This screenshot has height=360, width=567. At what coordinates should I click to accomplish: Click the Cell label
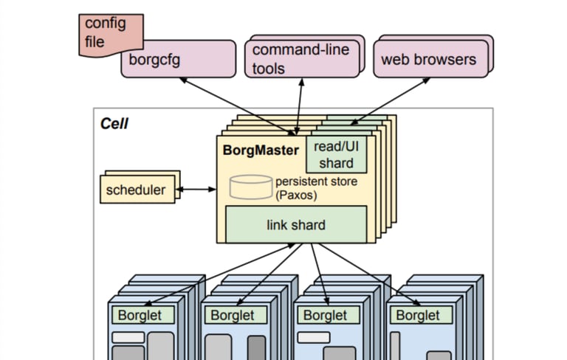tap(114, 123)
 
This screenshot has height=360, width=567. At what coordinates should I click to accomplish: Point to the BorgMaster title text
tap(261, 150)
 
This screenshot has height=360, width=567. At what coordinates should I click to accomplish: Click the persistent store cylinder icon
tap(251, 187)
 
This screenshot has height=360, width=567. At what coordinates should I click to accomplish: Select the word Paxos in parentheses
tap(298, 195)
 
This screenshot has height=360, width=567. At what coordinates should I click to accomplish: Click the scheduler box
tap(137, 190)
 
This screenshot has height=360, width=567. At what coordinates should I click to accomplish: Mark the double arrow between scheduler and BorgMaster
tap(197, 190)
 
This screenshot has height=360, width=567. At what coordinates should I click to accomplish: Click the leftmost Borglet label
tap(140, 315)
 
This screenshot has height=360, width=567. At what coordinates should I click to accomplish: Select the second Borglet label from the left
tap(233, 315)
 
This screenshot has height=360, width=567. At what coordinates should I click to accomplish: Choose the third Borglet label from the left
tap(325, 315)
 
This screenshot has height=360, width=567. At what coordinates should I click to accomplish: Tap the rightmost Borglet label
tap(418, 315)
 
